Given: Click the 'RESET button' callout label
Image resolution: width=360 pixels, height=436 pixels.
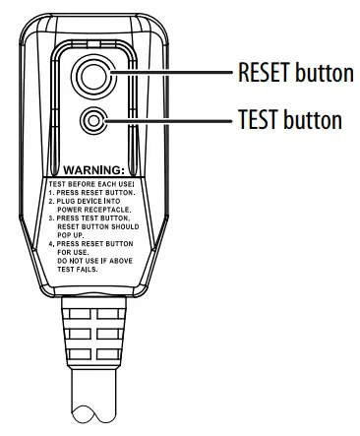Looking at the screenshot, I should [x=293, y=74].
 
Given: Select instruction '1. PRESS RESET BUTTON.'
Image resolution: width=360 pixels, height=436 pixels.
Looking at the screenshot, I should [x=94, y=196].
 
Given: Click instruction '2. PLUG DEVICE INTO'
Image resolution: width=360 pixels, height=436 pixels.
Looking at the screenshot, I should [x=94, y=207].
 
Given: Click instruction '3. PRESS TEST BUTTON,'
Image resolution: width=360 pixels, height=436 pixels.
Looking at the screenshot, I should [x=94, y=229].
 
